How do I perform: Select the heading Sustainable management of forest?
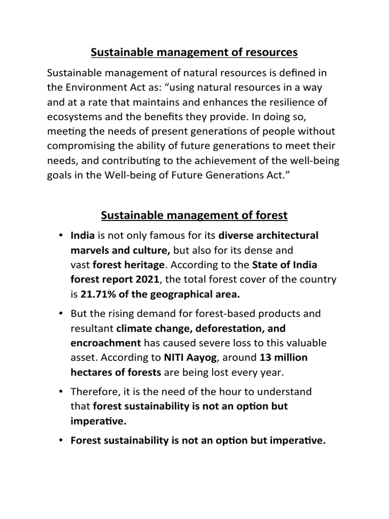(194, 215)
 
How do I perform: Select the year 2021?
(146, 279)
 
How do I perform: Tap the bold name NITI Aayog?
(190, 357)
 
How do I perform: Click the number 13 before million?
(265, 357)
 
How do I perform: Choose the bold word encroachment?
(106, 343)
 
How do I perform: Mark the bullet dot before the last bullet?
(60, 440)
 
